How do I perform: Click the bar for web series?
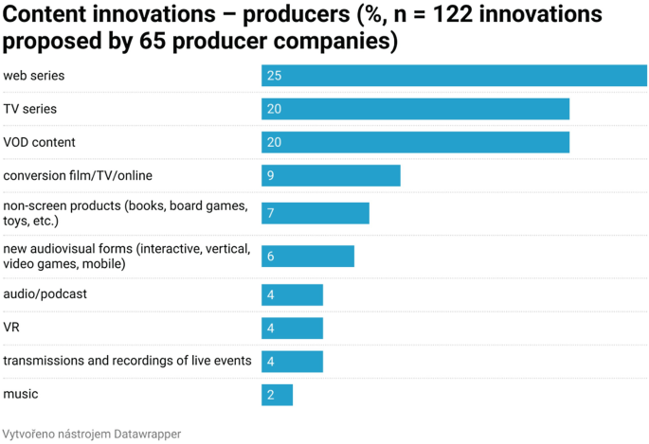point(455,76)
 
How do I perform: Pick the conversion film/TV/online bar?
point(331,175)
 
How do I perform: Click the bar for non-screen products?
point(315,213)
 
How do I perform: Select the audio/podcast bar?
point(292,294)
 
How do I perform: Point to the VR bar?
point(292,328)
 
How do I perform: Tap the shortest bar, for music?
point(277,394)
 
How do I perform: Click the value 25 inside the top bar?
point(274,76)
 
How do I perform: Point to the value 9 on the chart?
point(271,175)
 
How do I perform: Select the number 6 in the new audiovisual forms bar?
point(271,257)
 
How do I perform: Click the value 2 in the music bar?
point(271,394)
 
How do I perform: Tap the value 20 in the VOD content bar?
point(274,142)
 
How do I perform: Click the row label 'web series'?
point(34,75)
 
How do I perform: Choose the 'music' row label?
point(21,393)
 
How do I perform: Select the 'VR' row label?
point(11,327)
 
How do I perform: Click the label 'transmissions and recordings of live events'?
point(127,361)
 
